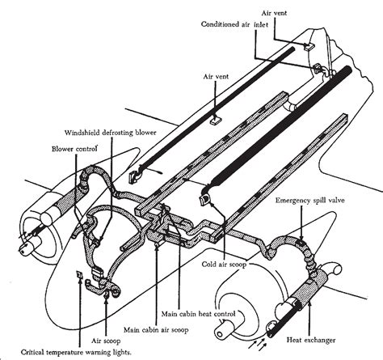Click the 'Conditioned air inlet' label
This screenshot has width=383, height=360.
pos(239,23)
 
